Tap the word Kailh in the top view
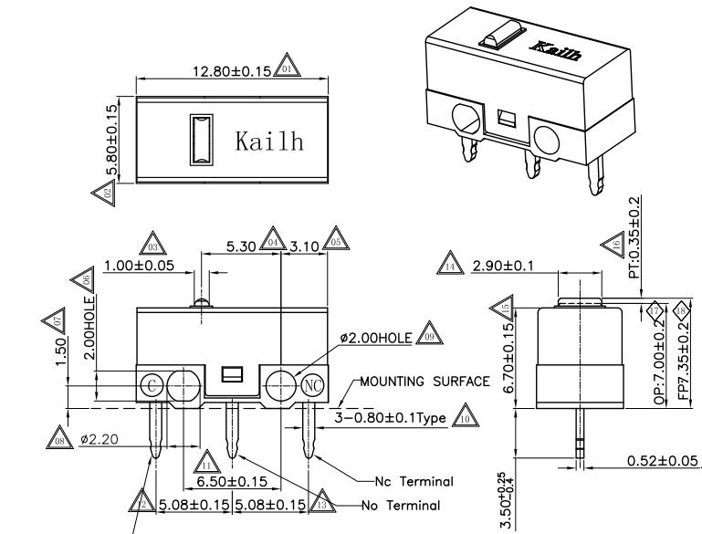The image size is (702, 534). point(269,142)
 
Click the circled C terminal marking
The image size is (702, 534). point(152,383)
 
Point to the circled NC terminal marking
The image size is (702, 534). point(312,383)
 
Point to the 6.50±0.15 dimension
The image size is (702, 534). point(231,480)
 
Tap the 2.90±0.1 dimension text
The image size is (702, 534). point(503,266)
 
